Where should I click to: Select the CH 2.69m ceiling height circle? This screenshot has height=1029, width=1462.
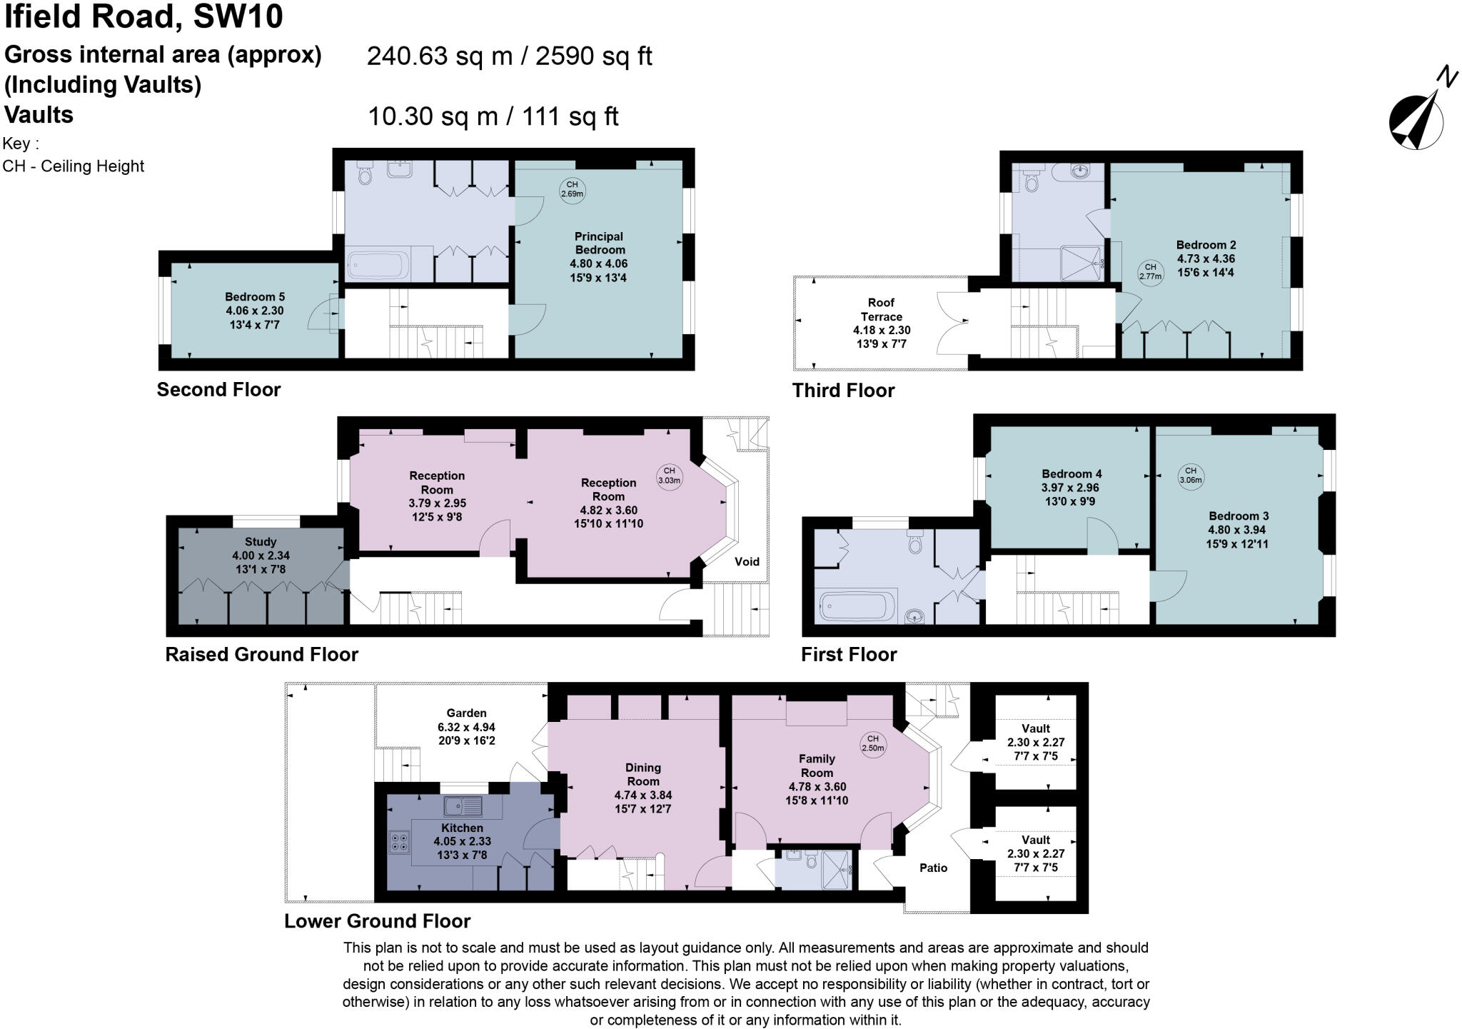pyautogui.click(x=572, y=189)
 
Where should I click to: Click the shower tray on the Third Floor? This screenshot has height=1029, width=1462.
pyautogui.click(x=1082, y=263)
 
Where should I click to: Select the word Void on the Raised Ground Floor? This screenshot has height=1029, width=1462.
pyautogui.click(x=747, y=561)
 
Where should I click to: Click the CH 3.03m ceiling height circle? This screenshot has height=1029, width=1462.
pyautogui.click(x=669, y=476)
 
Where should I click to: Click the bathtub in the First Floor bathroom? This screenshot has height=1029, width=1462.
pyautogui.click(x=855, y=606)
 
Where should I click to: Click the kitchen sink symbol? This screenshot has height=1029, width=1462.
pyautogui.click(x=463, y=807)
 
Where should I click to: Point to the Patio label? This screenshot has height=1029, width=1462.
pyautogui.click(x=933, y=868)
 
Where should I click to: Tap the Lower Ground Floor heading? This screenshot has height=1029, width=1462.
pyautogui.click(x=377, y=921)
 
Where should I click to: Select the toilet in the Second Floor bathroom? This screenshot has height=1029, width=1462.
pyautogui.click(x=365, y=174)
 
